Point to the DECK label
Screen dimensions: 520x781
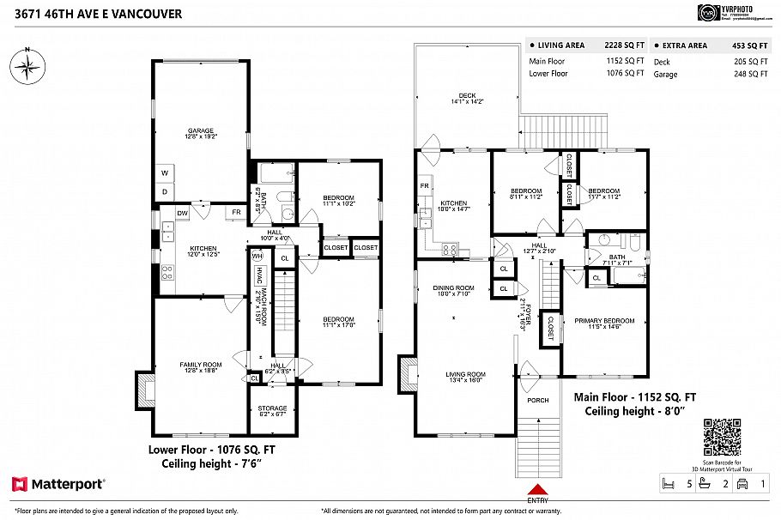pos(467,98)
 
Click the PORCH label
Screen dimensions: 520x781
pos(537,400)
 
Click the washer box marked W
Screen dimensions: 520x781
pos(163,172)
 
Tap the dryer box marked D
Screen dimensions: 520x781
pos(163,190)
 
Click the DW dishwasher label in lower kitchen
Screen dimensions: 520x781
pos(182,213)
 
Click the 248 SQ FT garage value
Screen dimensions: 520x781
pos(751,75)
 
